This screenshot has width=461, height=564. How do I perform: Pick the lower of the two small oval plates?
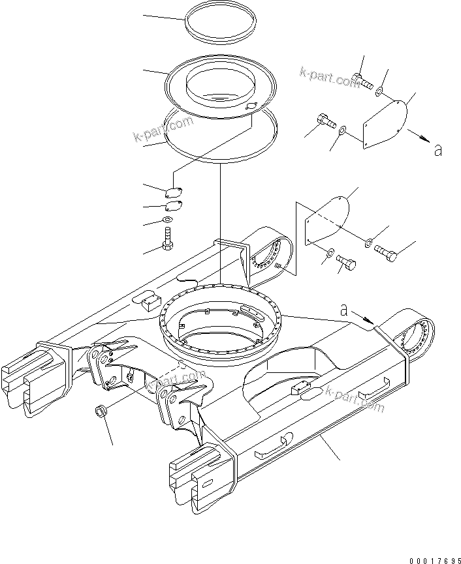[x=172, y=207]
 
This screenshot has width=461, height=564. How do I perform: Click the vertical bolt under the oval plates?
[x=168, y=238]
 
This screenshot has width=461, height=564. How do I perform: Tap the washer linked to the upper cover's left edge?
[x=342, y=132]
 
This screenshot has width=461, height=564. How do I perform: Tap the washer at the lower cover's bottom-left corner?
[x=329, y=252]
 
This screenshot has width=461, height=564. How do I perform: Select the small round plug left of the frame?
[x=101, y=411]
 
